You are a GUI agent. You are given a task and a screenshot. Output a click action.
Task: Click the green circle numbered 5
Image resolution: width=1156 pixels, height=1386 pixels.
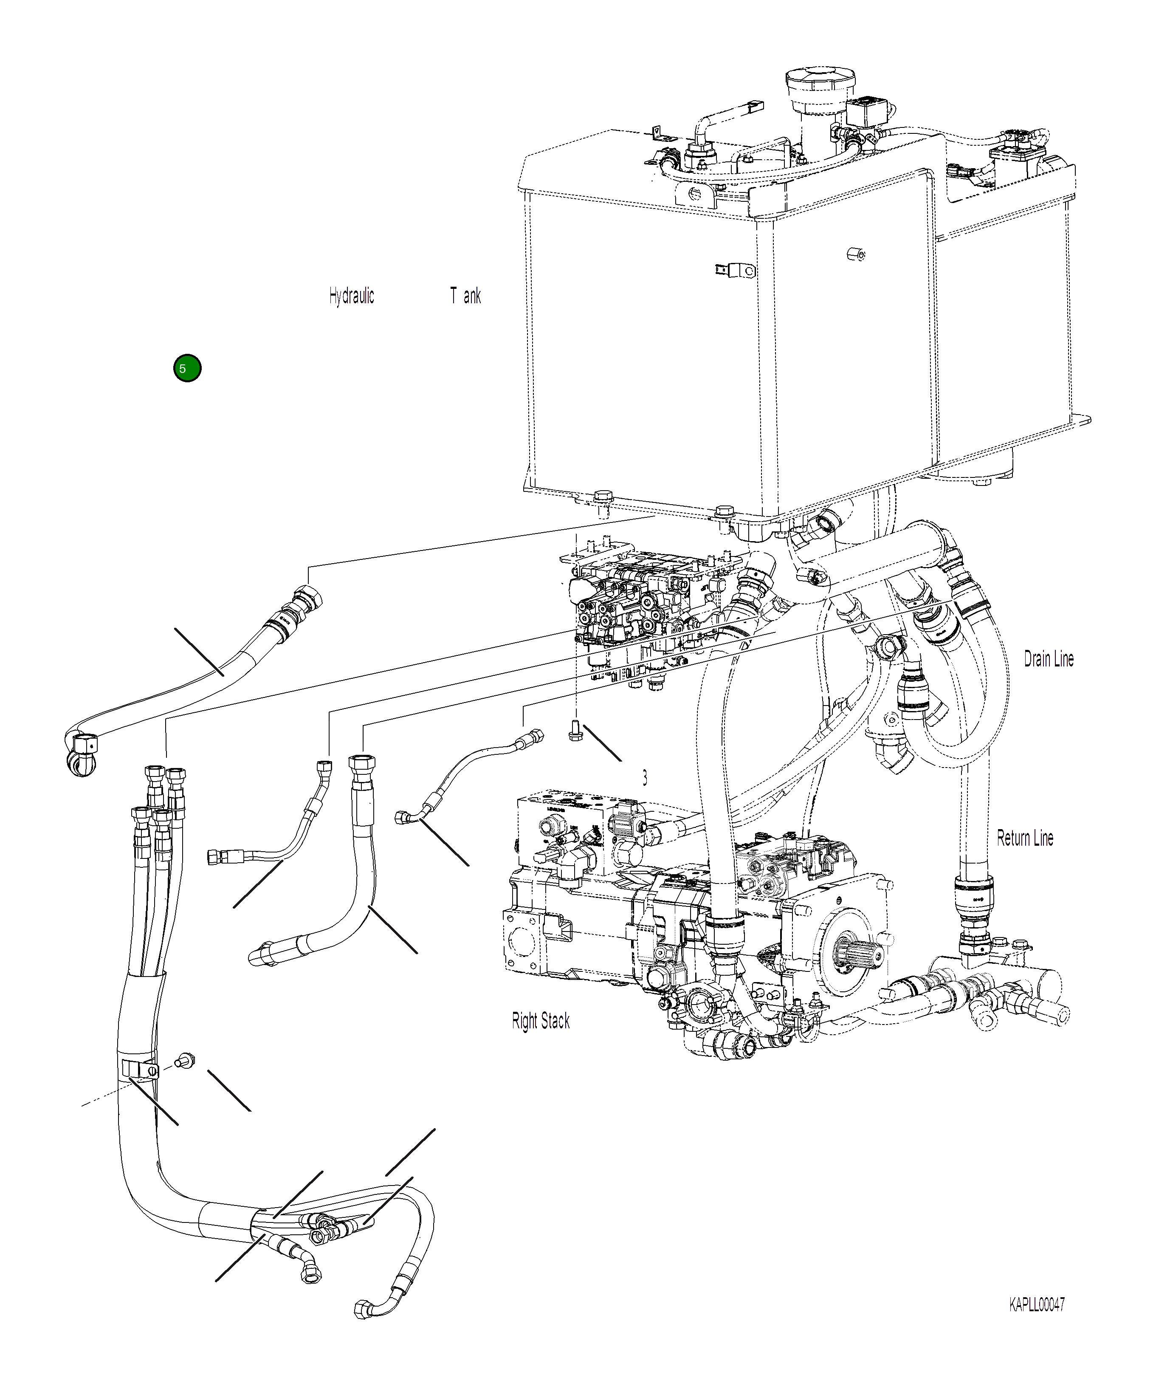tap(187, 368)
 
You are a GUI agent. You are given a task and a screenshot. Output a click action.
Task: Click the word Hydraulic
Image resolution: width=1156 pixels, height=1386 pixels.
tap(352, 296)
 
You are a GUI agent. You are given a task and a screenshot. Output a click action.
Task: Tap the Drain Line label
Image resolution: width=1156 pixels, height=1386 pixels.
tap(1049, 659)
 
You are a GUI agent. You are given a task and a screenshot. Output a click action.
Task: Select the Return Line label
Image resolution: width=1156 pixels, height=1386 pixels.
tap(1025, 838)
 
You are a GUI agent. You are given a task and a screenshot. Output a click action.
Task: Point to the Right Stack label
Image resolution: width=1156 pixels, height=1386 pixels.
tap(540, 1021)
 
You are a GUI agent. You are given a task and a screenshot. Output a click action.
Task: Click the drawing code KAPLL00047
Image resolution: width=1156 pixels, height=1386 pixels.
tap(1037, 1305)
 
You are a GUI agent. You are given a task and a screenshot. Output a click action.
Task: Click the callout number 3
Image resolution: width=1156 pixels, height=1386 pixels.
tap(645, 779)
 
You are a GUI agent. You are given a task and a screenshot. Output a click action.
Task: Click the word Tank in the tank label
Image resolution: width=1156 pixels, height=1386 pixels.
tap(466, 296)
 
